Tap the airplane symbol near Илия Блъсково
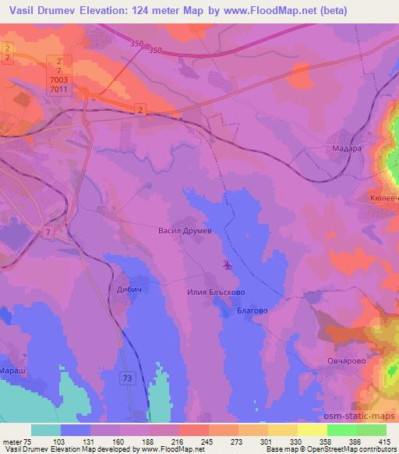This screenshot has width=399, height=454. (228, 265)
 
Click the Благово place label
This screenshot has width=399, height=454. (252, 310)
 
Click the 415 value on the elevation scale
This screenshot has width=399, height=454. (385, 441)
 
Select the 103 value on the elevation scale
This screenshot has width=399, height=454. (59, 441)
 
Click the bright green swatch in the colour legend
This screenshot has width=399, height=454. (341, 430)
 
